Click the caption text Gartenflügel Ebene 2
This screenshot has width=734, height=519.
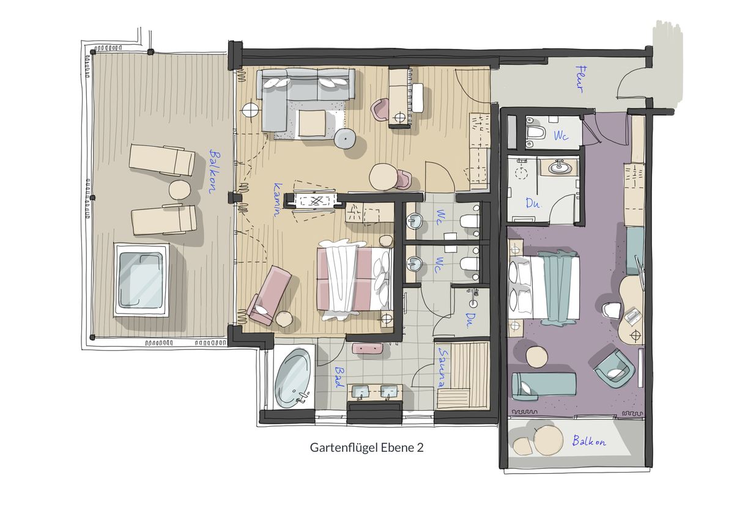pos(366,447)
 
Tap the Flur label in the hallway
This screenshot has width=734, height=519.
pos(580,79)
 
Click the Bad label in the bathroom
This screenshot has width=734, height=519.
pos(339,377)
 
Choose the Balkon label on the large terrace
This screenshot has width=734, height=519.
pos(215,171)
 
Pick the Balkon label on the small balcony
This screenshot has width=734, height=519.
pos(589,441)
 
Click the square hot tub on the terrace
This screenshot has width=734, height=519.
pos(141,279)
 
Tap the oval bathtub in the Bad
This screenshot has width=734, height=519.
pos(292,378)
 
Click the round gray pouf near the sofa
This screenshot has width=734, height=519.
pos(346,139)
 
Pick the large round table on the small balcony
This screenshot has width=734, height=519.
pos(548,440)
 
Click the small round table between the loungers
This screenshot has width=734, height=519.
pos(180,190)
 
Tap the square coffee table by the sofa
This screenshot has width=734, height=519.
pos(312,123)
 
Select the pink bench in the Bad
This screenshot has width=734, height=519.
pos(368,348)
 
